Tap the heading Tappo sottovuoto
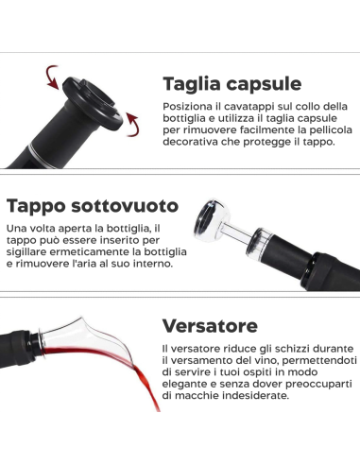tap(92, 205)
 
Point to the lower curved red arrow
tap(135, 119)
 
